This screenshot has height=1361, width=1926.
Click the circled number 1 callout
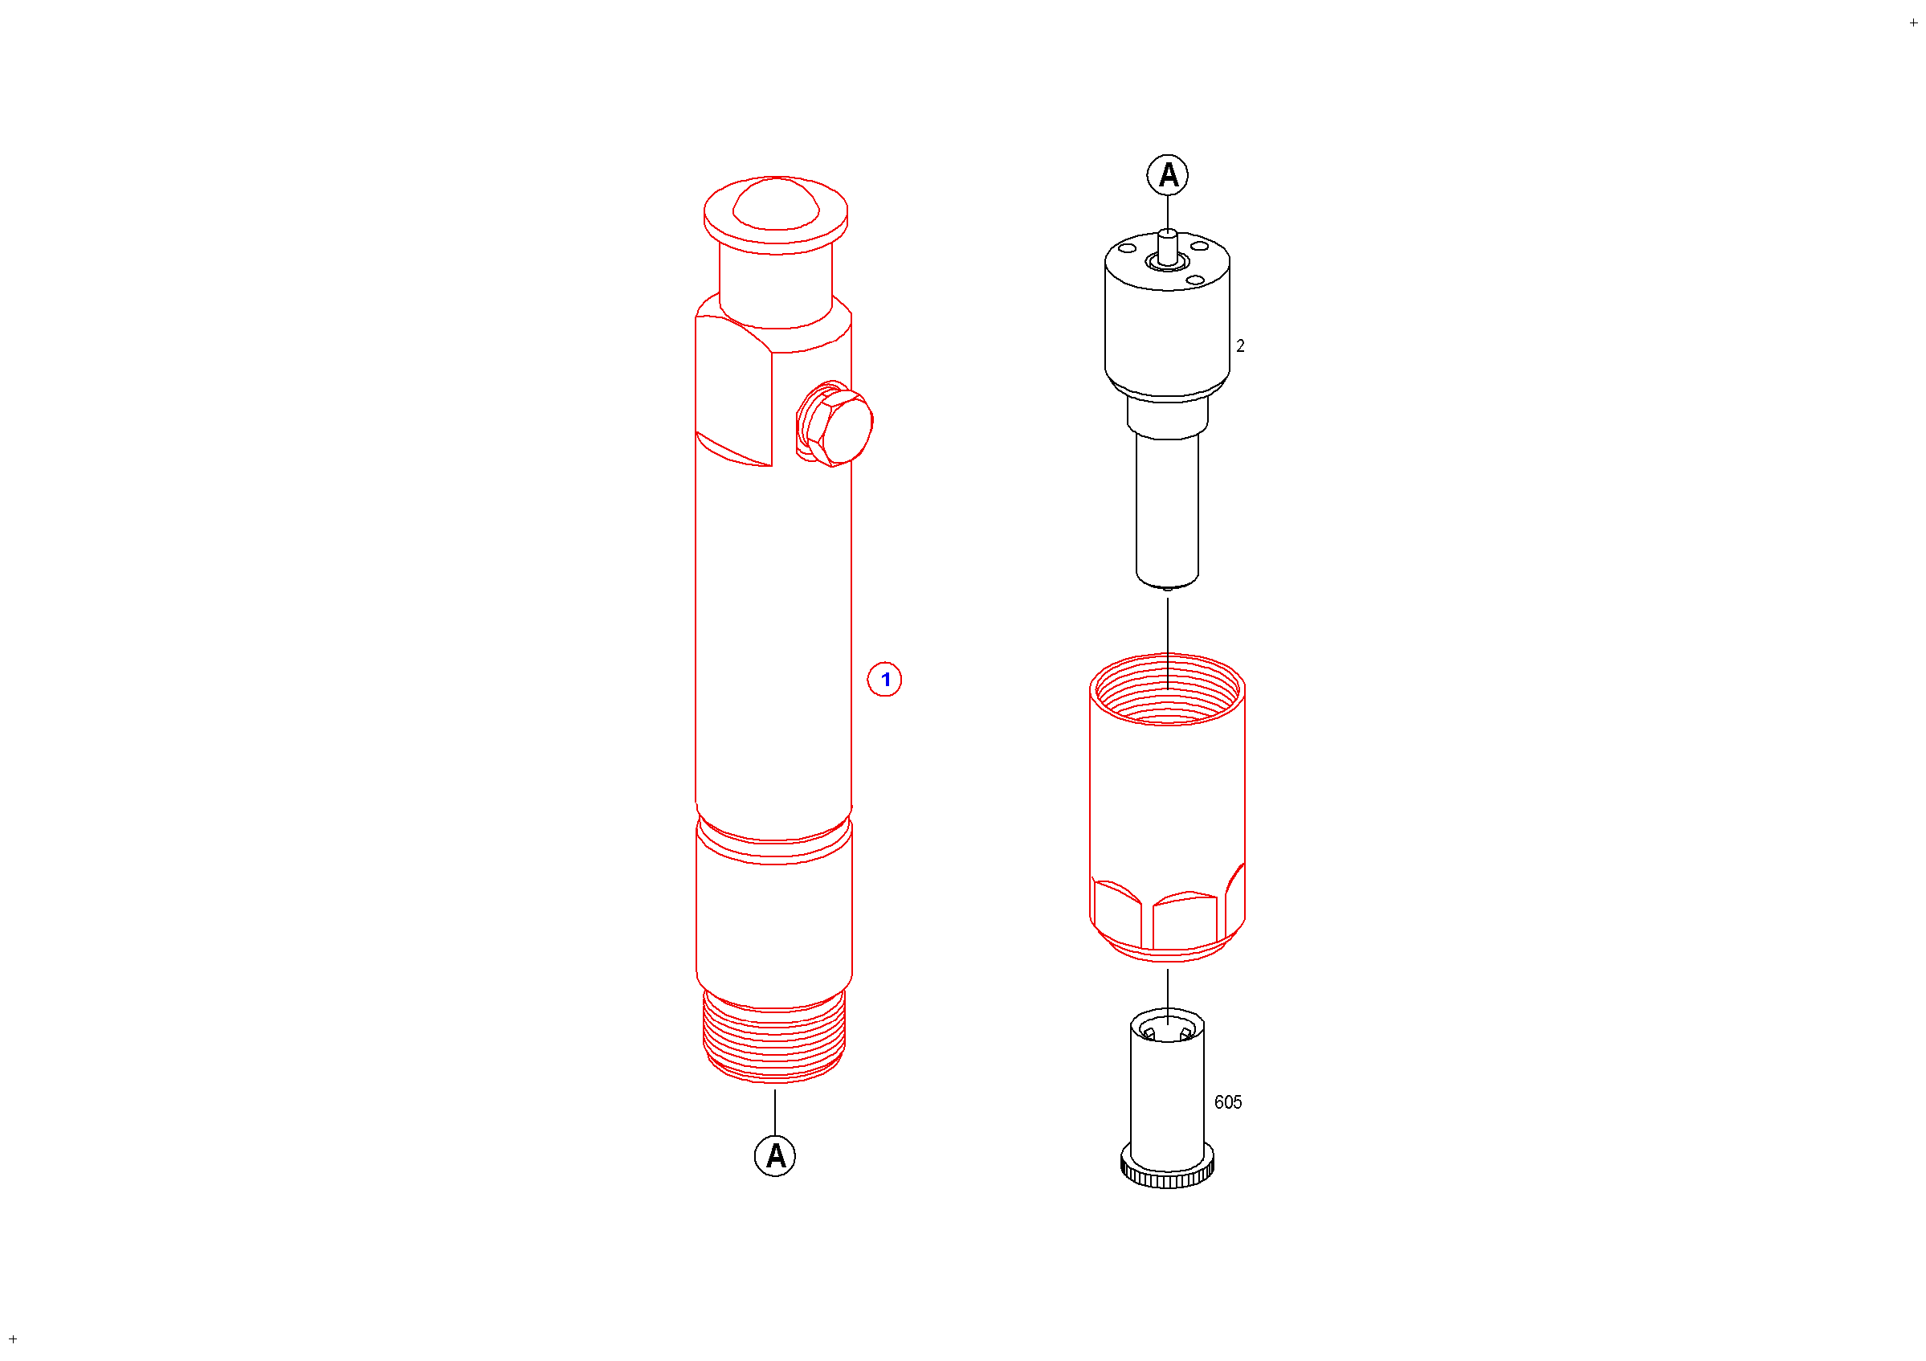click(x=884, y=680)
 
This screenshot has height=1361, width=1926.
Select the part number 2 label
click(x=1241, y=345)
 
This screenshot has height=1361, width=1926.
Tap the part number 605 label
click(x=1228, y=1102)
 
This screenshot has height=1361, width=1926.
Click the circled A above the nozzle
click(x=1168, y=175)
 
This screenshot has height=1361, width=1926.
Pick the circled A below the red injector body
click(x=775, y=1156)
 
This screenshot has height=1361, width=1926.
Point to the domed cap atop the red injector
click(x=776, y=203)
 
